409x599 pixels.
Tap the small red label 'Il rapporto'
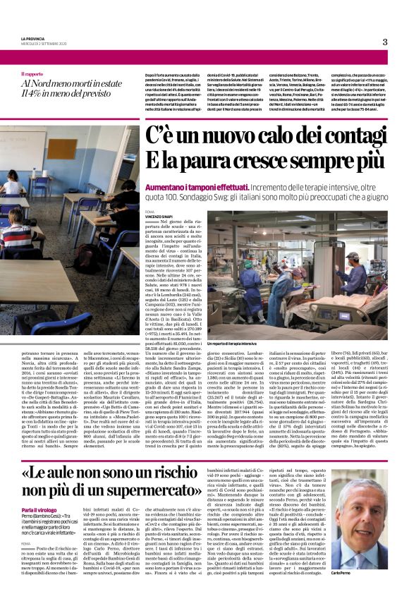(31, 73)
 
